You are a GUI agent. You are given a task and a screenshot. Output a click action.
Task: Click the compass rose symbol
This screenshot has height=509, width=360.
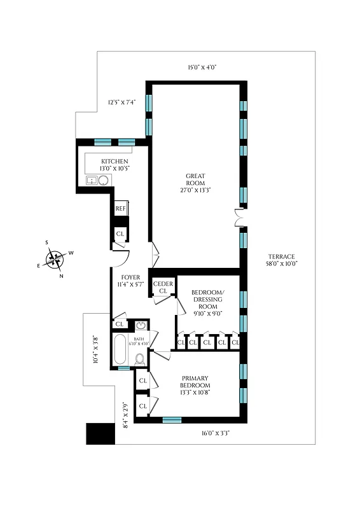pyautogui.click(x=55, y=258)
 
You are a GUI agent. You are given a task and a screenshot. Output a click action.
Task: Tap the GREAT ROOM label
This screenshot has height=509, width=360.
pyautogui.click(x=195, y=183)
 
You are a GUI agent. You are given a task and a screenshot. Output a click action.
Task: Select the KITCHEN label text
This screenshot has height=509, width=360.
pyautogui.click(x=115, y=164)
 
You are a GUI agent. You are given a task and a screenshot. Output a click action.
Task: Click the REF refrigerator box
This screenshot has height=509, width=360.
pyautogui.click(x=120, y=209)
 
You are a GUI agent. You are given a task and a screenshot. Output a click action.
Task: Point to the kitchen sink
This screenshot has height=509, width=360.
pyautogui.click(x=93, y=181)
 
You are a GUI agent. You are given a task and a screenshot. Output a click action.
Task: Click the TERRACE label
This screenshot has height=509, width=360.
pyautogui.click(x=281, y=260)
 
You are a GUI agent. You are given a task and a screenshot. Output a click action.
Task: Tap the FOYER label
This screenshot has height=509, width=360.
pyautogui.click(x=130, y=281)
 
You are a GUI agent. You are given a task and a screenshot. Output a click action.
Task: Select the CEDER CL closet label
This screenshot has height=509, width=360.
pyautogui.click(x=163, y=288)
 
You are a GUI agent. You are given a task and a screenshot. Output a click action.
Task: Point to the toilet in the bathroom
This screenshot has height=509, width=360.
pyautogui.click(x=140, y=359)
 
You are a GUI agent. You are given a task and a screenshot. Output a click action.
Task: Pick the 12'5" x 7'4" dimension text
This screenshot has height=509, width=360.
pyautogui.click(x=121, y=102)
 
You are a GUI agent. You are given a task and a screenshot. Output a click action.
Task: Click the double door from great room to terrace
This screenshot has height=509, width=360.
pyautogui.click(x=239, y=218)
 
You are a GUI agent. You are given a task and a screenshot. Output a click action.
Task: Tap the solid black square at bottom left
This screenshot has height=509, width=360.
pyautogui.click(x=99, y=434)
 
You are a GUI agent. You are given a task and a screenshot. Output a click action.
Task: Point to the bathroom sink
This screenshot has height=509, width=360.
pyautogui.click(x=141, y=326)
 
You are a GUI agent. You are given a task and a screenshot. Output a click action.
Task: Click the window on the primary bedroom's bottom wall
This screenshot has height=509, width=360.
pyautogui.click(x=172, y=420)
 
